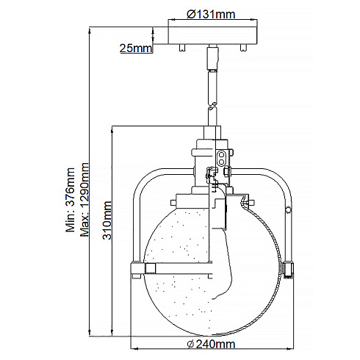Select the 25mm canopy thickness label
[x=136, y=48]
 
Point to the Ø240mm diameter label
[x=212, y=343]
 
